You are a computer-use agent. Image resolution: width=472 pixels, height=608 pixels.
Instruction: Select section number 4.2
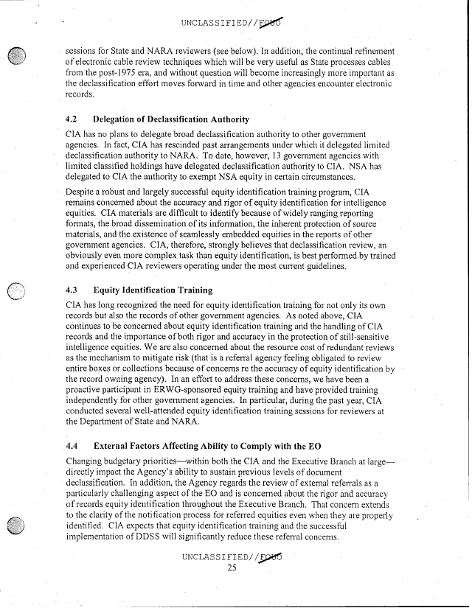point(72,119)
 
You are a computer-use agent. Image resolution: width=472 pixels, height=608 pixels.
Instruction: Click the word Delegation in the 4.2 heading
point(119,119)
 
